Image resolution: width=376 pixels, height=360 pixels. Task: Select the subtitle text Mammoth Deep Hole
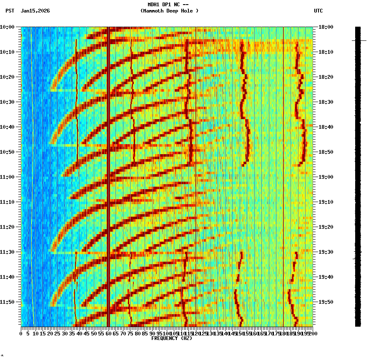(169, 11)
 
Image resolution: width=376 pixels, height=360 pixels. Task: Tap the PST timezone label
(10, 11)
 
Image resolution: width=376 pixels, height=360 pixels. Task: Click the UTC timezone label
(318, 11)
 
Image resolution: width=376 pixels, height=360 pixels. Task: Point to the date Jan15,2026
(35, 11)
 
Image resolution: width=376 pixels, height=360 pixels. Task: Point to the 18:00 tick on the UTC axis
(326, 27)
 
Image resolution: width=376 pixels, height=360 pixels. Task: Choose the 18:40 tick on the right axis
(326, 127)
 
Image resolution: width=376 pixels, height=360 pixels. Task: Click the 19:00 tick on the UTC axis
(326, 177)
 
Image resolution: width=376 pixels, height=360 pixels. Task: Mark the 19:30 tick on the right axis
(326, 252)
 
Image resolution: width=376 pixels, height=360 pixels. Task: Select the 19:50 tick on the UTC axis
(326, 302)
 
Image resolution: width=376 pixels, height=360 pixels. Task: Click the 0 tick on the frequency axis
(21, 333)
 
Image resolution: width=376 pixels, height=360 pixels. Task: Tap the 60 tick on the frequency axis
(108, 333)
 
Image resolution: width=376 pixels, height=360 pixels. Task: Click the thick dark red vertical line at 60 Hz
(108, 175)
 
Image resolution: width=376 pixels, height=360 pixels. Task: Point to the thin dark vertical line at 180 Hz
(283, 175)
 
